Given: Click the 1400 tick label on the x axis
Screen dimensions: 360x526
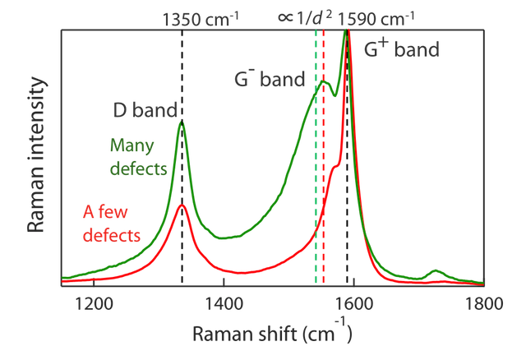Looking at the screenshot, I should point(223,302).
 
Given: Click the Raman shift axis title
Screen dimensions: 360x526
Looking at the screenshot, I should point(273,332).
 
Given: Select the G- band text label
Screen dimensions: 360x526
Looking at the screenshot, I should point(268,80).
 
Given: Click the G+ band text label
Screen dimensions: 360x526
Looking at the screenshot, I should point(401,50).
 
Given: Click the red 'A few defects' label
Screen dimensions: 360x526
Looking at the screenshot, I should point(112,223).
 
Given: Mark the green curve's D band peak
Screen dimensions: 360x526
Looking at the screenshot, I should point(182,122).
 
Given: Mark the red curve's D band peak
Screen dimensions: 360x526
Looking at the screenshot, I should point(183,206).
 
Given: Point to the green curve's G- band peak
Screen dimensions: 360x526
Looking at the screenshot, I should point(325,82).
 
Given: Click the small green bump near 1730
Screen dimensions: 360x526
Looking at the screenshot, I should point(436,270).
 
